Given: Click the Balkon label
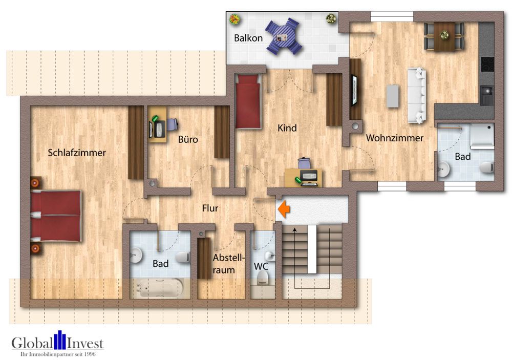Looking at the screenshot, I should point(248,38).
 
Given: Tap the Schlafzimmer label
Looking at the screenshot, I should point(77,153).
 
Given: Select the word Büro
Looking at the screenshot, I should point(188,139).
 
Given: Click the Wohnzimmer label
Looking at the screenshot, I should point(394,138).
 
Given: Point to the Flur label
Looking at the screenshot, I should point(210,208).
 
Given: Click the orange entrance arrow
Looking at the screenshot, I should point(283,209).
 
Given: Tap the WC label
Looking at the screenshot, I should point(261,266).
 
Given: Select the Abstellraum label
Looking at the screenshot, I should point(224,264).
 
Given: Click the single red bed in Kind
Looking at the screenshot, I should point(248,101).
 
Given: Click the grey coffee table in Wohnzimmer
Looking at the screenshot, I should point(392,96).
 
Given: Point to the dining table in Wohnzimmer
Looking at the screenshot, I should point(444,36).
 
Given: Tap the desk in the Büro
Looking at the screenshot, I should point(158,123).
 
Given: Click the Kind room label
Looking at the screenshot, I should point(287,128).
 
